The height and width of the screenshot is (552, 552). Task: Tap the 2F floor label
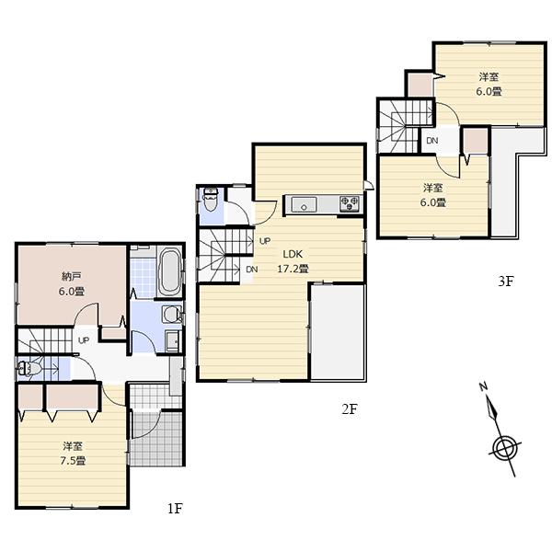pos(349,409)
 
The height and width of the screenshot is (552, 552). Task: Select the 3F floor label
pos(505,282)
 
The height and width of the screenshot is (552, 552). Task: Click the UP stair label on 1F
pos(84,339)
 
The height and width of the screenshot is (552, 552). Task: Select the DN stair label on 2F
pos(252,270)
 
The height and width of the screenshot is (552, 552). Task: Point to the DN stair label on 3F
pos(431,141)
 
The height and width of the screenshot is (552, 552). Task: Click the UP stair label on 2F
pos(264,241)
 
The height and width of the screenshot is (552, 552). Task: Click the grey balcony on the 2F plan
pos(339,331)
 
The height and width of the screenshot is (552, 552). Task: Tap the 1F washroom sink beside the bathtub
pos(171,314)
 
